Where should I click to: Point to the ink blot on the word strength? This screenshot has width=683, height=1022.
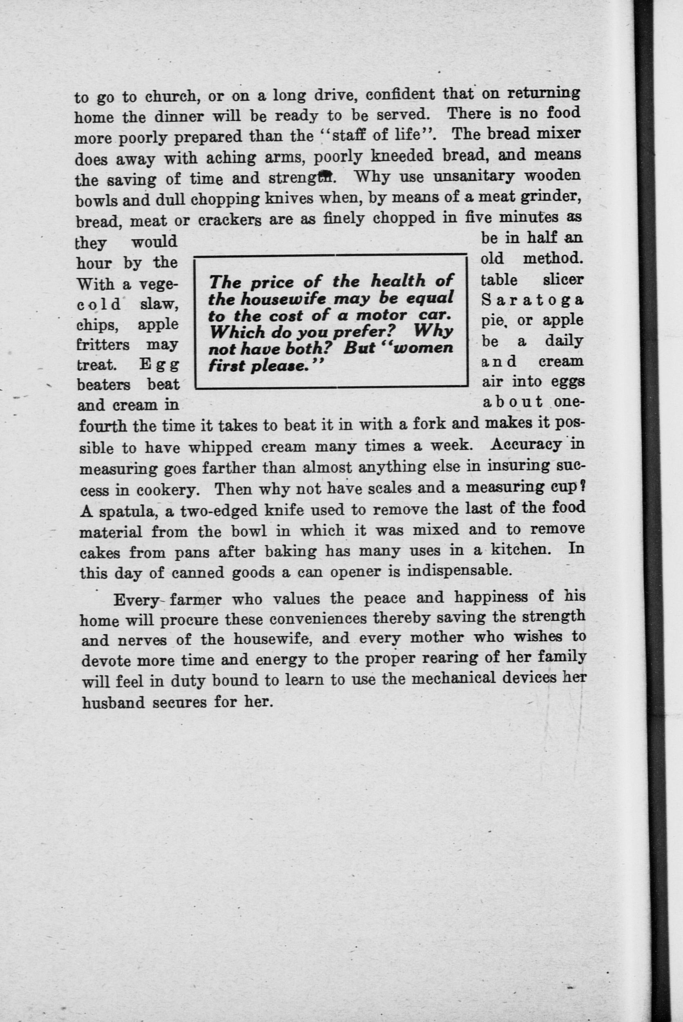(x=324, y=175)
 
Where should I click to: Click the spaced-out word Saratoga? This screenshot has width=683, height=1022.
(x=532, y=300)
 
